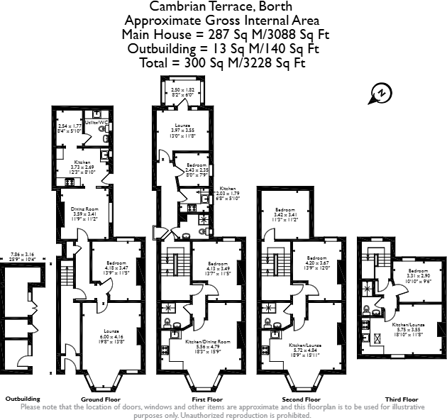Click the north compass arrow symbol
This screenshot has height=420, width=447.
tap(381, 92)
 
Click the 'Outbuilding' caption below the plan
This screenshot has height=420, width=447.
tap(23, 399)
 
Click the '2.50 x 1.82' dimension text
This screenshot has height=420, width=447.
tap(183, 90)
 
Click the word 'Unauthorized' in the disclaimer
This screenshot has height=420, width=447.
tap(187, 415)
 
